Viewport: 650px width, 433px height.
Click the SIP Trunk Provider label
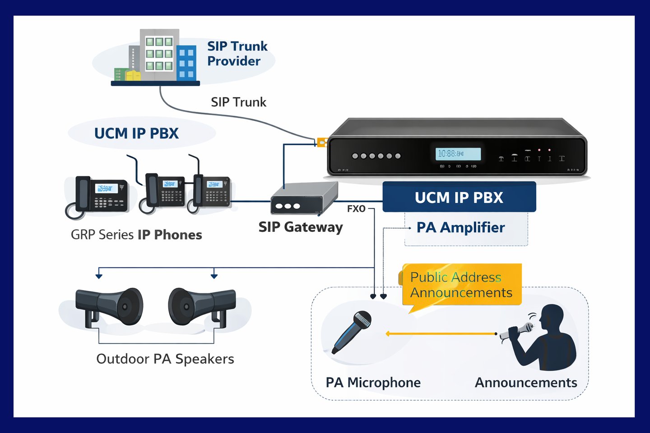[237, 54]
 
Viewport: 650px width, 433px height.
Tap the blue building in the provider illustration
[186, 63]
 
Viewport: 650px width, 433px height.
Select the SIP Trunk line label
[238, 102]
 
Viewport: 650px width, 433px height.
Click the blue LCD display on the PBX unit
[458, 154]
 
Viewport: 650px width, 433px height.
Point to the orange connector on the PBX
[321, 143]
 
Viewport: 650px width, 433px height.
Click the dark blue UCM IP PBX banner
[459, 198]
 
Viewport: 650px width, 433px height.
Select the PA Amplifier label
[460, 228]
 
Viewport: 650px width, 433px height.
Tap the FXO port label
[356, 209]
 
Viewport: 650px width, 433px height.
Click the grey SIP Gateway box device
[303, 199]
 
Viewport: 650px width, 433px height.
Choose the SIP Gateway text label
[301, 227]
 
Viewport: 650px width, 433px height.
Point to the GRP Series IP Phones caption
[136, 235]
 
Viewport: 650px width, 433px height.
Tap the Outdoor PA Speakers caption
[165, 359]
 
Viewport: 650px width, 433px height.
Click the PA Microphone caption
[373, 383]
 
